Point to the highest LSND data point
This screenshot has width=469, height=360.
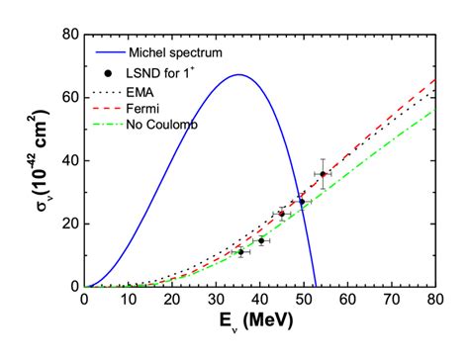point(323,174)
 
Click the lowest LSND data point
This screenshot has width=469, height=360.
point(239,252)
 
